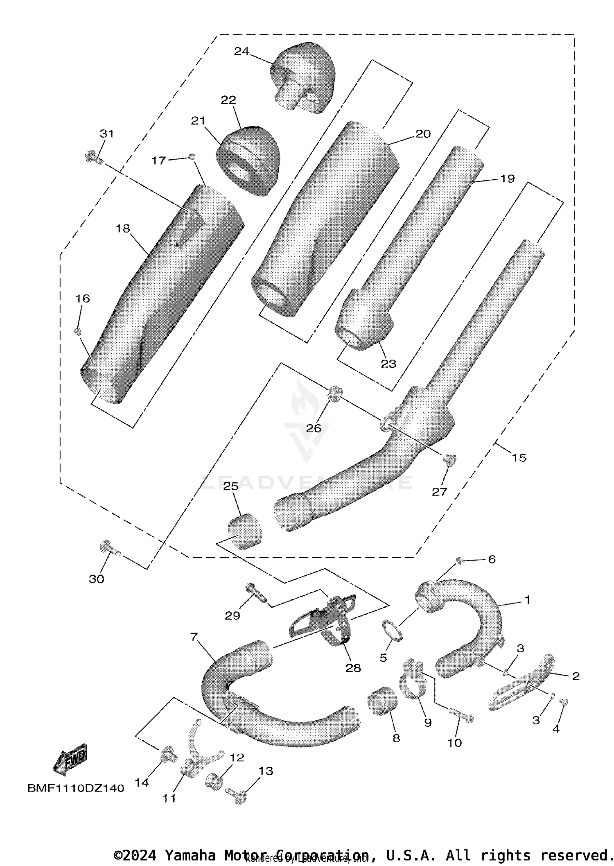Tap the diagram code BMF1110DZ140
76,788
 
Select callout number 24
242,51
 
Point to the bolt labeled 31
93,157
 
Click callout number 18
123,228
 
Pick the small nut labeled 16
77,331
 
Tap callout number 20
423,134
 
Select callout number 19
507,179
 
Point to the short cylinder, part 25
245,531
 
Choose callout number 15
519,458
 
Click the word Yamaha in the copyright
190,855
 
